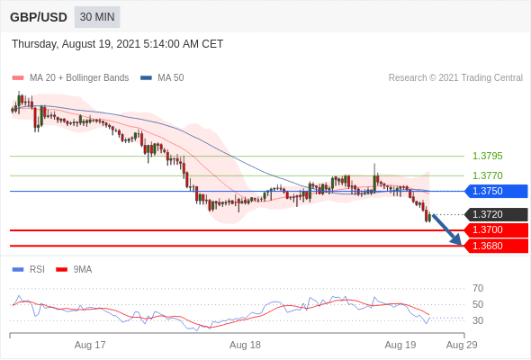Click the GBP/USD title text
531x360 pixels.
pos(39,17)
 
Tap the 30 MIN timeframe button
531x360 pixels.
pos(97,17)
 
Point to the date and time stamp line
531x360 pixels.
pos(117,44)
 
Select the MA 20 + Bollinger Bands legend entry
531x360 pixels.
pos(70,78)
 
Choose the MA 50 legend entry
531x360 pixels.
pos(162,78)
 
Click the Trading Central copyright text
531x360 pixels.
pos(455,78)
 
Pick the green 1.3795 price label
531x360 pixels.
pos(487,156)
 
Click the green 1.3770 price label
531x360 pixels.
pos(487,175)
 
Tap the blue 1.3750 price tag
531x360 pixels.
pos(496,191)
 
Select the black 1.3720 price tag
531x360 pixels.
pos(496,214)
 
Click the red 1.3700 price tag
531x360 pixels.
pos(496,230)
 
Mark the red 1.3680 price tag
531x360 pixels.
pos(496,246)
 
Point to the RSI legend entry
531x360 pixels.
pos(29,270)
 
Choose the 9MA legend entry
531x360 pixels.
pos(74,270)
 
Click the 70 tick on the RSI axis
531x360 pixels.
pos(478,289)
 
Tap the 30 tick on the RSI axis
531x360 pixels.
pos(478,320)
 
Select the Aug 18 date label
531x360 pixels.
pos(245,345)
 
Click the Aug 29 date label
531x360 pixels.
pos(462,345)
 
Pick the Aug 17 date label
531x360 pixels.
pos(90,345)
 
